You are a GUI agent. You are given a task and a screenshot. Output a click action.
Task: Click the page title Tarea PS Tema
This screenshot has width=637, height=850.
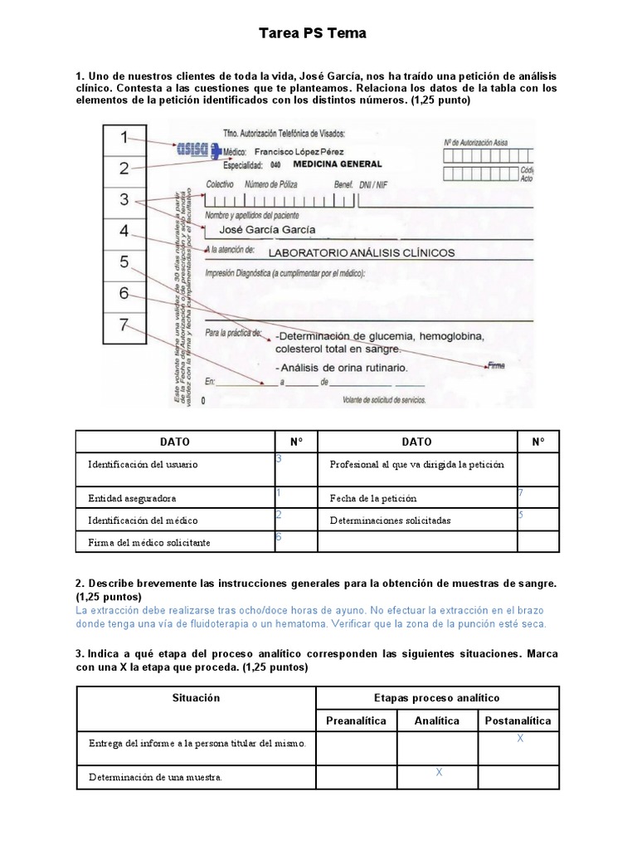coord(312,34)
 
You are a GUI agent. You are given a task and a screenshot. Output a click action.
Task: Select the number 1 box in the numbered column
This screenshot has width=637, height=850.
coord(124,138)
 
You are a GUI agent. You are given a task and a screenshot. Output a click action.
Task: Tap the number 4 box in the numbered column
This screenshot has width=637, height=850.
coord(124,232)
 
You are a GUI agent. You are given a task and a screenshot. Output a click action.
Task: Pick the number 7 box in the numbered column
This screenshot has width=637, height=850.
coord(124,325)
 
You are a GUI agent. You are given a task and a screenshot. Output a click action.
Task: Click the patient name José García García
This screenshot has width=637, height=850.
coord(266,229)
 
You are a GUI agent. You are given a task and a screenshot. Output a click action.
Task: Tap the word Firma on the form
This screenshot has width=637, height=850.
coord(496,365)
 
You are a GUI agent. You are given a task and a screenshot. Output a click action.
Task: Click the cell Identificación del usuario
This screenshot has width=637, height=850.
coord(143,464)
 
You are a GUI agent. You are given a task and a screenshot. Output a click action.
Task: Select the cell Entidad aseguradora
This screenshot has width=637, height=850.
coord(132,498)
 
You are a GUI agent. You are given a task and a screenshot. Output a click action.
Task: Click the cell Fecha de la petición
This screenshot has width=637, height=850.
coord(372,498)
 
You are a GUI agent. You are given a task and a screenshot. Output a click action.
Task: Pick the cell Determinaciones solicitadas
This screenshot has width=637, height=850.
coord(390,520)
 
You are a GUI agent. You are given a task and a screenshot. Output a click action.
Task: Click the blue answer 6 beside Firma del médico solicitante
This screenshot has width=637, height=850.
coord(280,537)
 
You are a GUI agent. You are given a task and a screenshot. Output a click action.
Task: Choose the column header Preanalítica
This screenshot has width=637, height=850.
coord(356,721)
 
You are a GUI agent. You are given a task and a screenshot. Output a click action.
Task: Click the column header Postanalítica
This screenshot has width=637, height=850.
coord(518,721)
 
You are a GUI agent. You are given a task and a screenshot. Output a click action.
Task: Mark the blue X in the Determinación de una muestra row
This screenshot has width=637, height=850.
coord(439,772)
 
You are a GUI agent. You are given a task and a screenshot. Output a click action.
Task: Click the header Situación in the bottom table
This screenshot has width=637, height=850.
coord(196,697)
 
